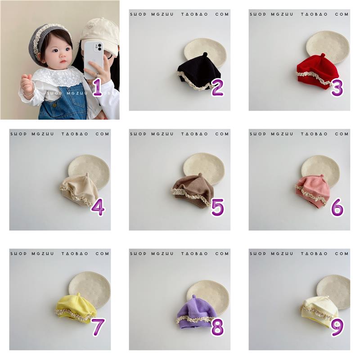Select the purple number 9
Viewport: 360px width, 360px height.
[x=337, y=327]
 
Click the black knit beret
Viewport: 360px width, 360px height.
[x=199, y=72]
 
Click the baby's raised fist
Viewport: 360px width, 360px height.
[x=27, y=83]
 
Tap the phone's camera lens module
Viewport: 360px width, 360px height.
[x=98, y=47]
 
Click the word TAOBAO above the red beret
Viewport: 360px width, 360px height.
[x=314, y=14]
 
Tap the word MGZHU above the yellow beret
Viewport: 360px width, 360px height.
[x=42, y=254]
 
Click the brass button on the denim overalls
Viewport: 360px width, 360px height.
[x=54, y=105]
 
